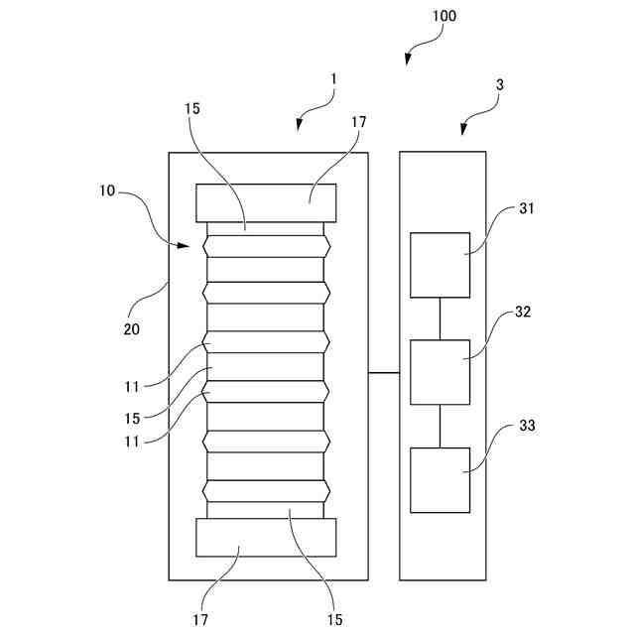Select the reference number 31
[526, 209]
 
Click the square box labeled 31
[440, 265]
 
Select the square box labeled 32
[440, 372]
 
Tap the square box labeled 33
[440, 479]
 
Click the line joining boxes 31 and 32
[440, 318]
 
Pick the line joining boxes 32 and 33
[440, 426]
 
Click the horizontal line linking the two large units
[384, 372]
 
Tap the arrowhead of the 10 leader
[185, 244]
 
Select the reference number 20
[131, 328]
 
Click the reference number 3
[499, 85]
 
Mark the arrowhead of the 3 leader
[464, 130]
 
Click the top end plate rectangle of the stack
[266, 202]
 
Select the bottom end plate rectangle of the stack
[266, 537]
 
